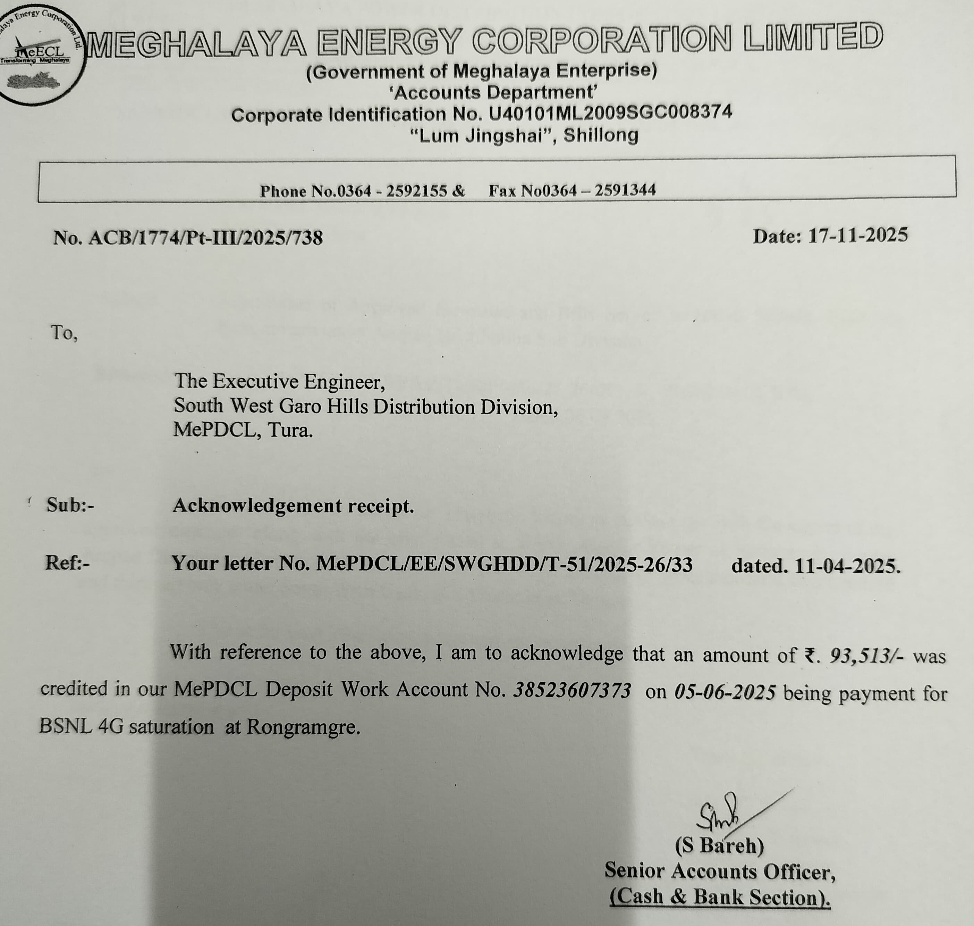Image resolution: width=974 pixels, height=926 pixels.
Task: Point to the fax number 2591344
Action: point(625,190)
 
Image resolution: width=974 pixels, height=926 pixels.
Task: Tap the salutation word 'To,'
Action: point(64,333)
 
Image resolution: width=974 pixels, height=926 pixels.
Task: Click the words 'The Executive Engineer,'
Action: point(280,382)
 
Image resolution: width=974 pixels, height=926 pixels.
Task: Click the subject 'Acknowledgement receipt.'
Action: point(293,506)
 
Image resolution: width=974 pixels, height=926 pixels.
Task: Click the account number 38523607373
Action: point(572,691)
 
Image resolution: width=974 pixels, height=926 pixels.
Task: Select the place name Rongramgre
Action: point(303,727)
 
